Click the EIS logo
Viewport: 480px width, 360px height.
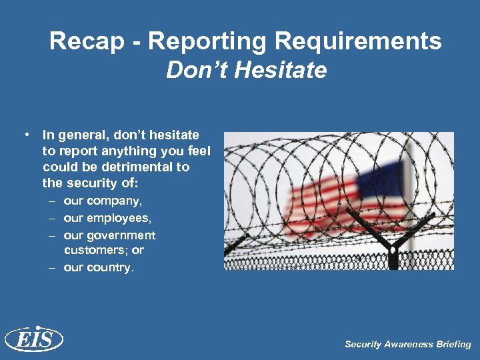33,339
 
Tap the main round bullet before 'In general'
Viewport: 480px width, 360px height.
27,135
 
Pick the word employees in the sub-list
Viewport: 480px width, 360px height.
119,218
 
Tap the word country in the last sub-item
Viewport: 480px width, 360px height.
109,267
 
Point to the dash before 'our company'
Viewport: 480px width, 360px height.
52,201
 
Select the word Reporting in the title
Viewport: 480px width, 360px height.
209,41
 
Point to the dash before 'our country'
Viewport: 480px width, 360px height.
52,267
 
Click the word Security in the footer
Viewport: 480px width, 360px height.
363,345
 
